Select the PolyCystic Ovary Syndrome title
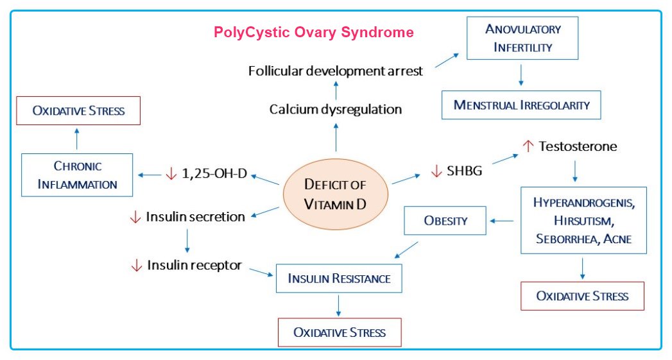[313, 32]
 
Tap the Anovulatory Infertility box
[523, 38]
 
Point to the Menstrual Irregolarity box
[521, 105]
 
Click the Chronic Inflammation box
[77, 175]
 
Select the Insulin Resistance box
[339, 279]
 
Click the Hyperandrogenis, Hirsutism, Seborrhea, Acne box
[583, 221]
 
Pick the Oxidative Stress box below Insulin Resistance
[339, 332]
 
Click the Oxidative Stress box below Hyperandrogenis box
[582, 296]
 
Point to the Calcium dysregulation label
[336, 109]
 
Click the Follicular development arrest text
[336, 71]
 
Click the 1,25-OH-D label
[215, 174]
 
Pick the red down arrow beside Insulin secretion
[135, 217]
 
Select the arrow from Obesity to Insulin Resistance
[407, 250]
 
